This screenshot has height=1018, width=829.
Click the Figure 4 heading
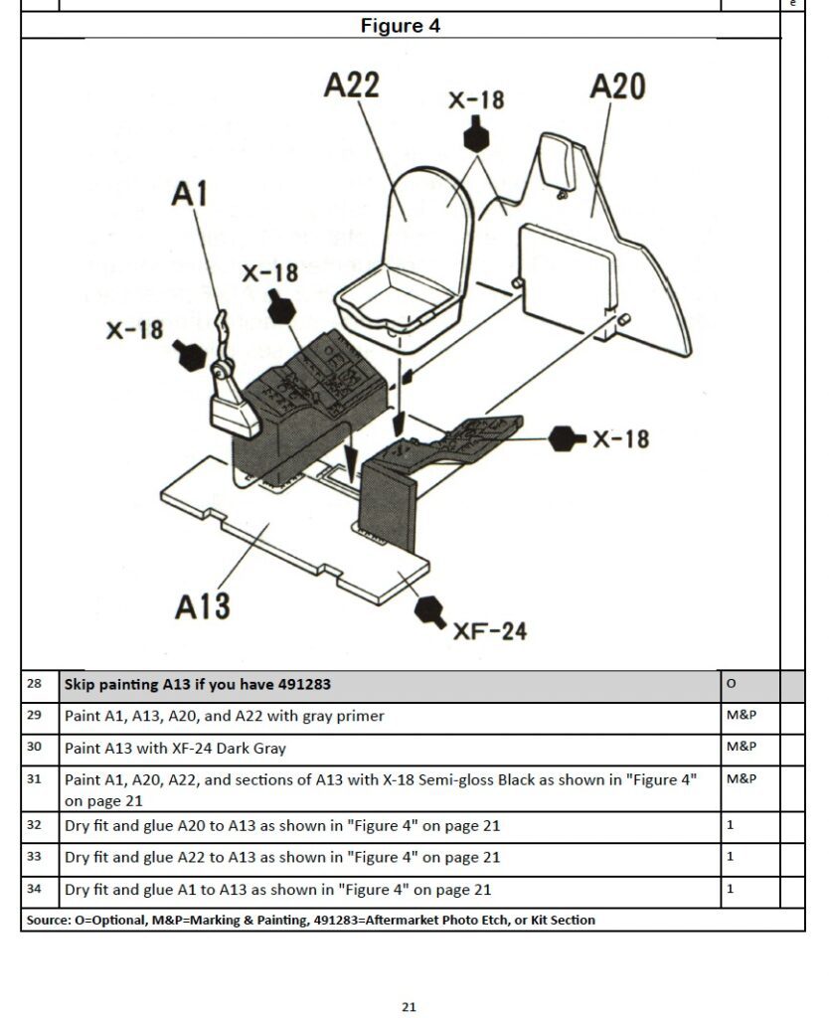pos(401,26)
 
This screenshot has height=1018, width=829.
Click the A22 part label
pos(352,85)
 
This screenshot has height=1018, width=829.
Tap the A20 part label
pos(617,86)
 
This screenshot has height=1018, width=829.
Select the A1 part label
pos(190,193)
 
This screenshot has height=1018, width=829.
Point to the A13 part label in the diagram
pos(203,605)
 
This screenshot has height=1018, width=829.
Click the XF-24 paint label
pos(490,630)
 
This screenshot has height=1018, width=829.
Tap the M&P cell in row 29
pos(741,716)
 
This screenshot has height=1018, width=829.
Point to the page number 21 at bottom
pos(409,1007)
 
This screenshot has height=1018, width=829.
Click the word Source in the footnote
pos(47,921)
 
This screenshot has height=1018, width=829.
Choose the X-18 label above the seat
pos(476,100)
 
